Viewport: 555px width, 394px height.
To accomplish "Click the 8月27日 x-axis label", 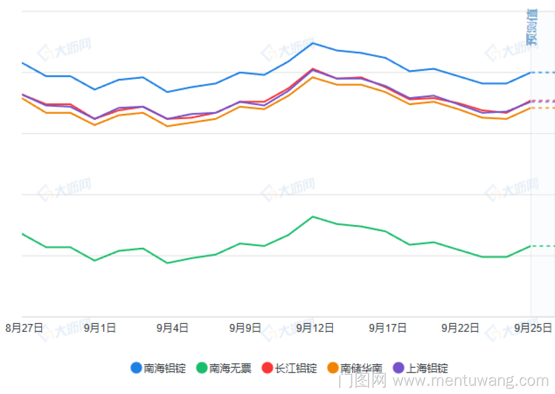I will point(24,328).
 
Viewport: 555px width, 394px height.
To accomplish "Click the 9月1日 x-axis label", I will point(100,328).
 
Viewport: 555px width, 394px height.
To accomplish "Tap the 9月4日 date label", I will point(173,328).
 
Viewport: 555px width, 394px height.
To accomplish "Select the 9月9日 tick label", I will point(245,328).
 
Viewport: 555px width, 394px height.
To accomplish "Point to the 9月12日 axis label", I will point(315,328).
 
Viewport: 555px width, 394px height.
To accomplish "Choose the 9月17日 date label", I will point(388,328).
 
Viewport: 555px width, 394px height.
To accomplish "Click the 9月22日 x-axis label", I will point(460,328).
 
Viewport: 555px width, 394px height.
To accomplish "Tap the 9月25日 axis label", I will point(533,328).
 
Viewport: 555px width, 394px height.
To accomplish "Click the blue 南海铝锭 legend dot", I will point(137,368).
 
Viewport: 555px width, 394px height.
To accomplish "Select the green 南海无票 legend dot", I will point(202,368).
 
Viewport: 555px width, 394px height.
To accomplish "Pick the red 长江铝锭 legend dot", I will point(268,368).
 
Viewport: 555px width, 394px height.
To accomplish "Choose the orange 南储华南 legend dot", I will point(333,368).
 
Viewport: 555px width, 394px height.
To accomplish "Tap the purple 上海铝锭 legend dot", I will point(398,368).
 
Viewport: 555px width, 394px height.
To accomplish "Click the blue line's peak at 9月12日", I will point(313,43).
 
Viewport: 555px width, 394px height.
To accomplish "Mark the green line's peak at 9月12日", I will point(313,216).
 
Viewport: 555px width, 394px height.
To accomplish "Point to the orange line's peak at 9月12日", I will point(313,77).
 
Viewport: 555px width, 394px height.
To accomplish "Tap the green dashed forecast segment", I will point(543,246).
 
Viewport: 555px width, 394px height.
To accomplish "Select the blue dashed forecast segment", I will point(543,72).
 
